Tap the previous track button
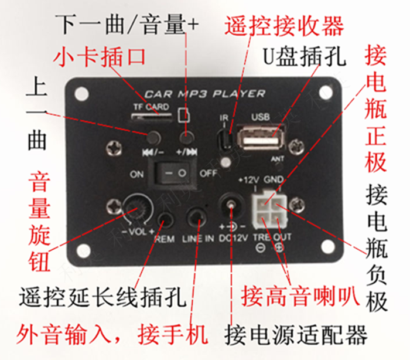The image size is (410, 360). (154, 138)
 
